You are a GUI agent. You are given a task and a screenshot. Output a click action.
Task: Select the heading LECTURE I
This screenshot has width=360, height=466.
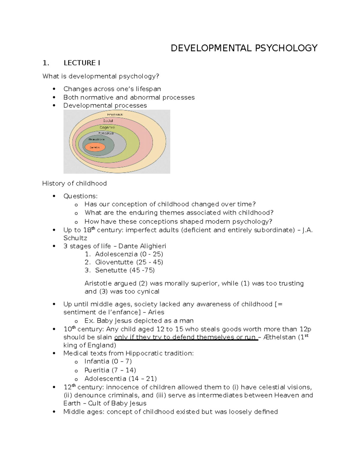coord(82,63)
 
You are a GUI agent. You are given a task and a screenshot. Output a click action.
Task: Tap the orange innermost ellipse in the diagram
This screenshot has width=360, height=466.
coord(94,147)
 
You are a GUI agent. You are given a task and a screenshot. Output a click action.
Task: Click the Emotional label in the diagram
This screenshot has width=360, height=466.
coord(115,115)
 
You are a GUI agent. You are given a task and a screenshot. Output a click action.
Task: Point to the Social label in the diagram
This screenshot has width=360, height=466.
coord(108,121)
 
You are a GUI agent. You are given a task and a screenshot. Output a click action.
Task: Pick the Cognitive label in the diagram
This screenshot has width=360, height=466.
coord(107,128)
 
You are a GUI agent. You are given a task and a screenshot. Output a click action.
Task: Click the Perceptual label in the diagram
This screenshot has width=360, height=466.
coord(106,133)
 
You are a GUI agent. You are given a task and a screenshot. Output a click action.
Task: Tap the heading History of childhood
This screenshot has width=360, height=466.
coord(74,183)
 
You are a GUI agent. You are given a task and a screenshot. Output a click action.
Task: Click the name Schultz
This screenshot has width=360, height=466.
coord(75,238)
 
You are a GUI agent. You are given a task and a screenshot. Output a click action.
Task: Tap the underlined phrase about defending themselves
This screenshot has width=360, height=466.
coord(186,337)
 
